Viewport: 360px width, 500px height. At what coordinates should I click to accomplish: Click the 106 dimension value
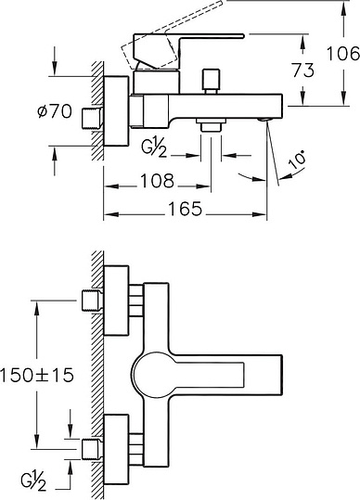pyautogui.click(x=343, y=54)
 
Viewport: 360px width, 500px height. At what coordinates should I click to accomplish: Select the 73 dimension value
pyautogui.click(x=303, y=71)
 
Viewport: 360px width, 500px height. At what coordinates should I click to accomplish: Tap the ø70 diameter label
pyautogui.click(x=55, y=111)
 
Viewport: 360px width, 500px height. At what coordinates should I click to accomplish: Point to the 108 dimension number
pyautogui.click(x=158, y=181)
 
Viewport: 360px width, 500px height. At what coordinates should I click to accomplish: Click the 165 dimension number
pyautogui.click(x=186, y=209)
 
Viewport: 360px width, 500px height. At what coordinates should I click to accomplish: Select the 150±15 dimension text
pyautogui.click(x=37, y=375)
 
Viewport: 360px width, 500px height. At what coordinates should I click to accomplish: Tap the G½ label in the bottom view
pyautogui.click(x=34, y=481)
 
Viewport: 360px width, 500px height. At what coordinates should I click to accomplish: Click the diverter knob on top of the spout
pyautogui.click(x=212, y=81)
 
